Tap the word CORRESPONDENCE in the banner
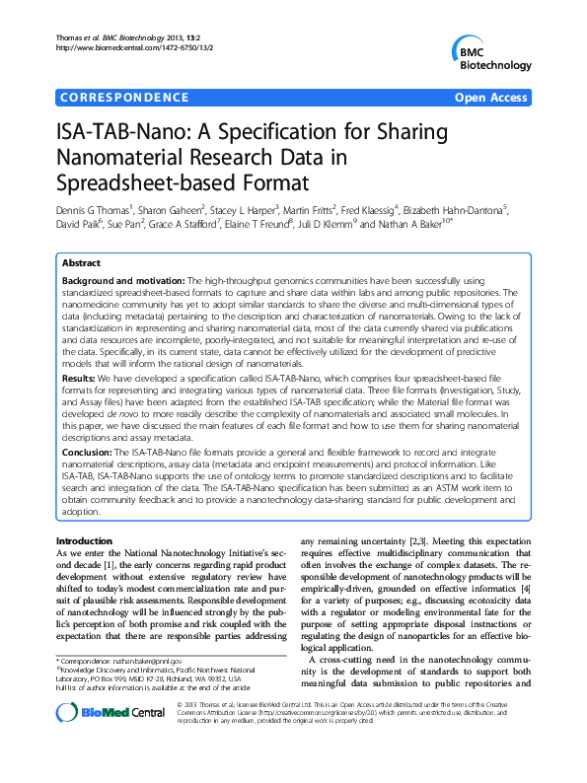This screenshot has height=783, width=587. tap(123, 98)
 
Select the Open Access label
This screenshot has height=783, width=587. tap(491, 98)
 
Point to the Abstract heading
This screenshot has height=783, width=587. tap(82, 264)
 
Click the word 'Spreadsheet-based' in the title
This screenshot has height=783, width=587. tap(142, 183)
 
